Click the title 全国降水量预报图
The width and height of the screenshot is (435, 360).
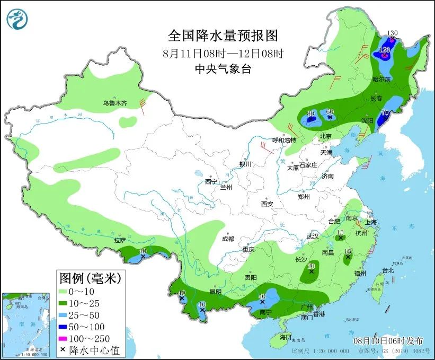point(223,36)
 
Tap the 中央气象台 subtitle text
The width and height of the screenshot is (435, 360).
point(223,68)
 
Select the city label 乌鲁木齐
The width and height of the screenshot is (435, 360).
point(115,103)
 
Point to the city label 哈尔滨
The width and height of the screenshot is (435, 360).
point(381,79)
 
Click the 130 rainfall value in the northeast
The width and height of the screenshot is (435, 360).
point(392,33)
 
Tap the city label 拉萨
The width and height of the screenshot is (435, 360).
point(119,240)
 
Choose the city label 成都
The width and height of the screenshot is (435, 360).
point(228,239)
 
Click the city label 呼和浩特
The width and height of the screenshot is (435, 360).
point(285,140)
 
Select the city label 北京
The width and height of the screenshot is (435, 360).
point(325,136)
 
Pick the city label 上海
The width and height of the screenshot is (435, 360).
point(371,222)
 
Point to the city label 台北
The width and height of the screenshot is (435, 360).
point(388,270)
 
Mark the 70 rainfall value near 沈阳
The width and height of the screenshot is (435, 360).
point(385,112)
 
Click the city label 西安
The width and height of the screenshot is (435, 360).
point(267,204)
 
